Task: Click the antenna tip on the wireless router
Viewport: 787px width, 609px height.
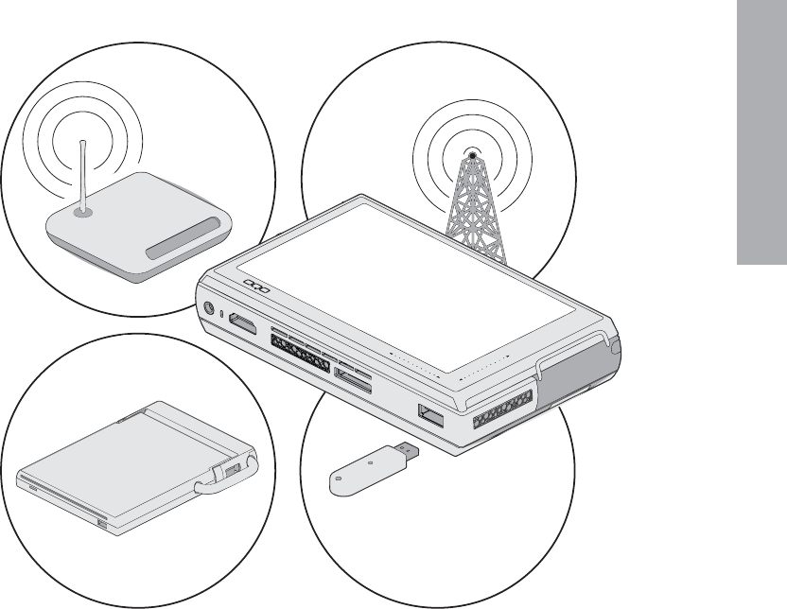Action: click(x=83, y=143)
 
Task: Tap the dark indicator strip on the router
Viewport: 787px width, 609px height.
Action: click(x=189, y=240)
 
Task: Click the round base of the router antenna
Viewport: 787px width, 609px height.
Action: click(x=84, y=212)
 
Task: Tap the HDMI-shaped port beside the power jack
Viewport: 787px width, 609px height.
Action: click(x=241, y=324)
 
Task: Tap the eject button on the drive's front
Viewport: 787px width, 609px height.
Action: click(x=101, y=523)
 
